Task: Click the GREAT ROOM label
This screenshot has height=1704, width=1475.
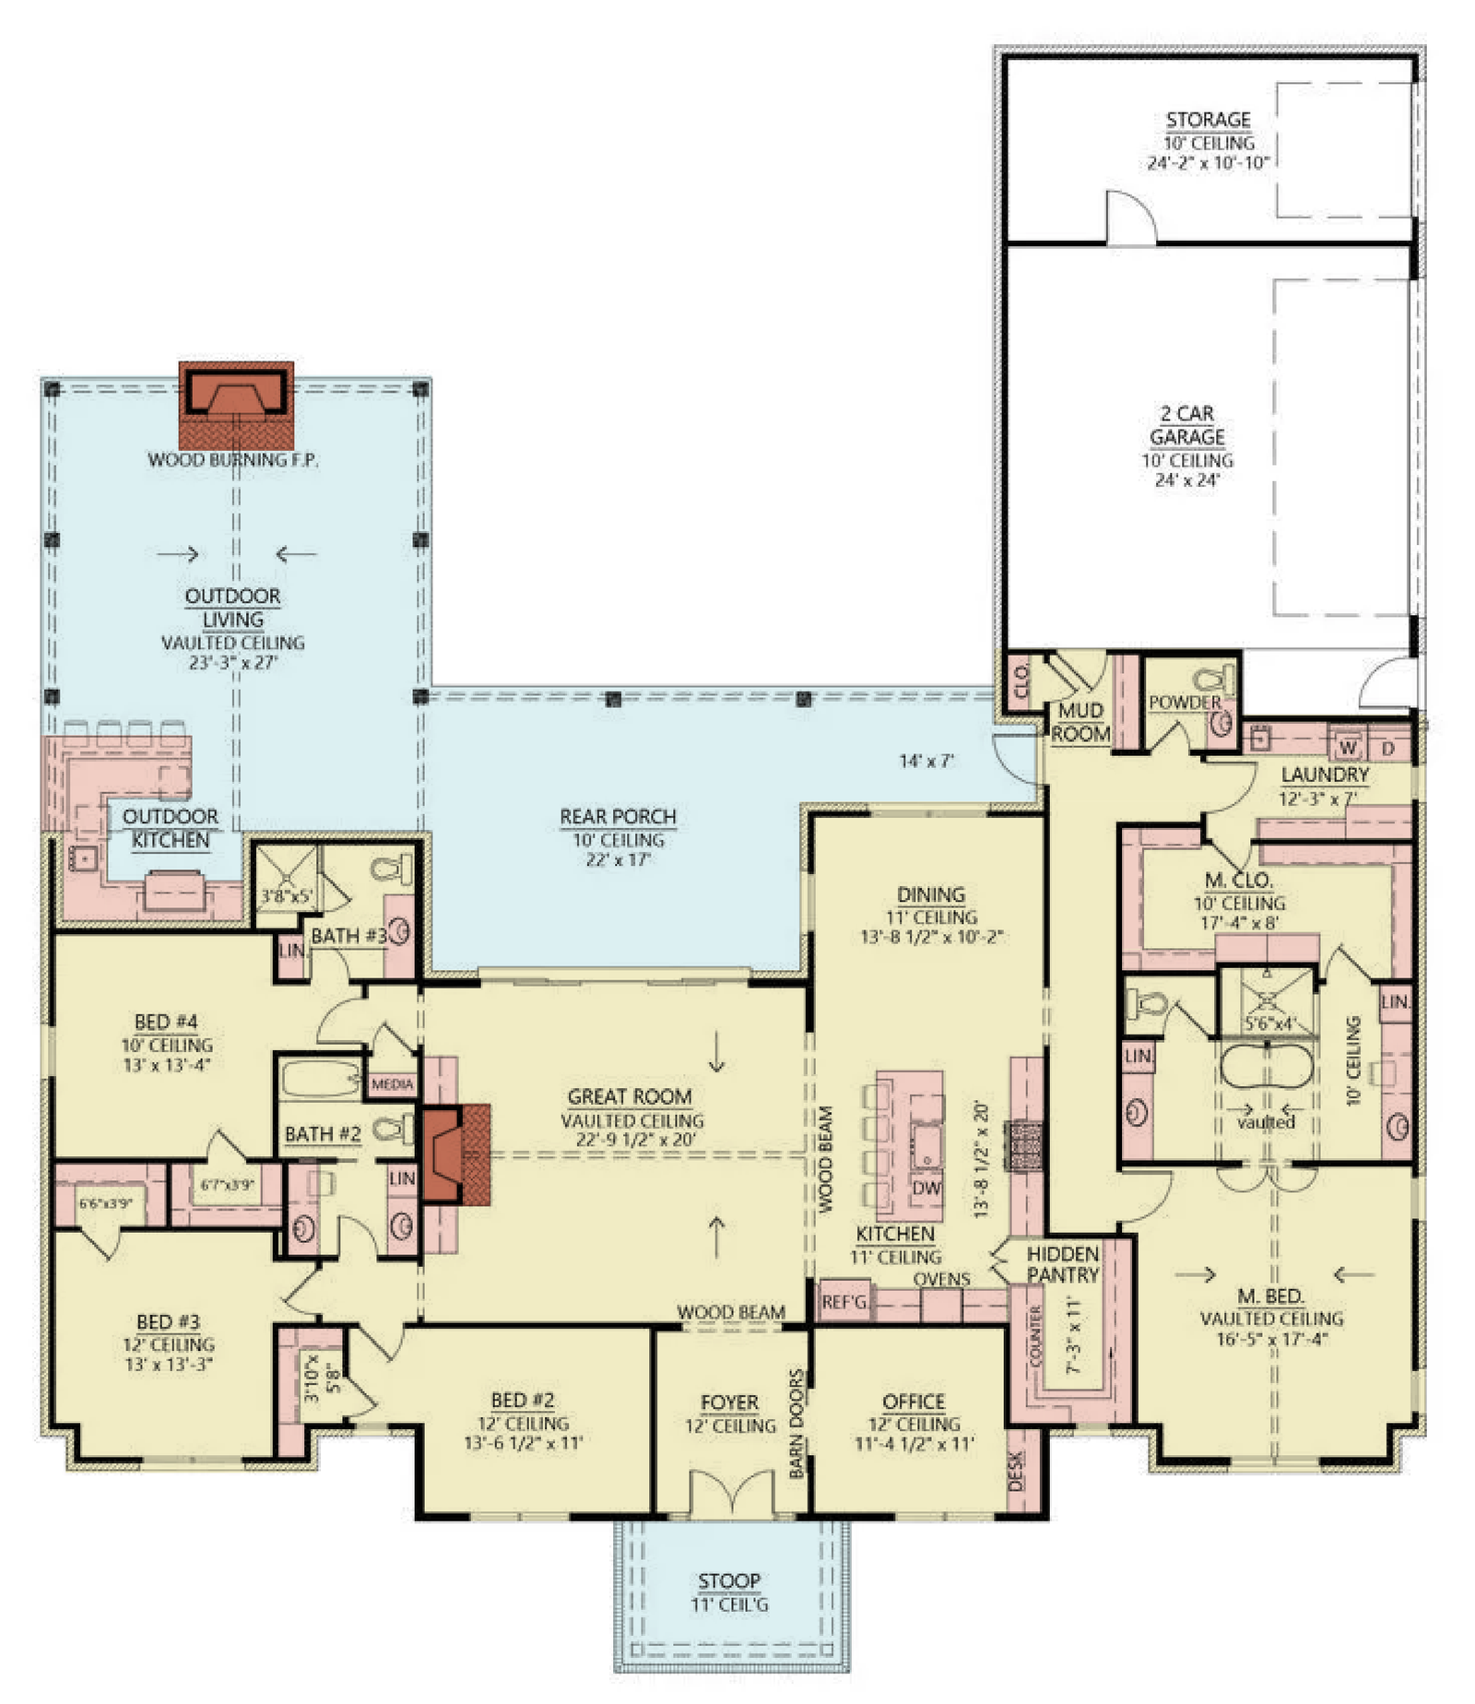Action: [x=629, y=1096]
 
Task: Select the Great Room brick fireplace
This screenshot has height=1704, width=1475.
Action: [x=454, y=1154]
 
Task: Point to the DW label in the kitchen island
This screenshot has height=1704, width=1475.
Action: [x=926, y=1189]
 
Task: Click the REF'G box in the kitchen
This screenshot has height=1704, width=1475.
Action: [x=844, y=1301]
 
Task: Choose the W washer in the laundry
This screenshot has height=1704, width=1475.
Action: [x=1348, y=747]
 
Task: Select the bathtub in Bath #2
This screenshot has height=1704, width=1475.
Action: [x=321, y=1077]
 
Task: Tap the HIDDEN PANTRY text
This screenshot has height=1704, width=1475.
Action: [x=1062, y=1264]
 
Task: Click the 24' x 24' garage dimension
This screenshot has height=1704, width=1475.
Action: [x=1186, y=479]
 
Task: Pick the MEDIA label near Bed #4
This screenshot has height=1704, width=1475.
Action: [x=392, y=1084]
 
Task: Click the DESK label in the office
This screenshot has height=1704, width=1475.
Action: [x=1016, y=1472]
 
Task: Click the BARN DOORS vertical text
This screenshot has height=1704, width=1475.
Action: [x=797, y=1423]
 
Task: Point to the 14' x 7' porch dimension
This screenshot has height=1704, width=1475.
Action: [x=926, y=761]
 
